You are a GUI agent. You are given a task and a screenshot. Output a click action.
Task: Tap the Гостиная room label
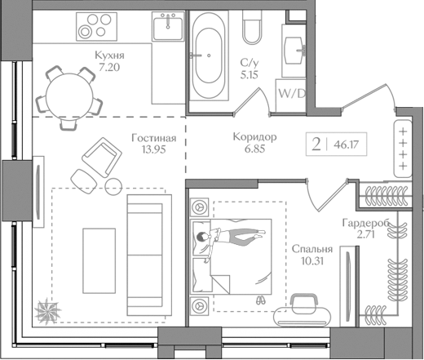tap(153, 139)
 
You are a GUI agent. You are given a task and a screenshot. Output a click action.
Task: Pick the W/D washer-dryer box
tap(292, 92)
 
